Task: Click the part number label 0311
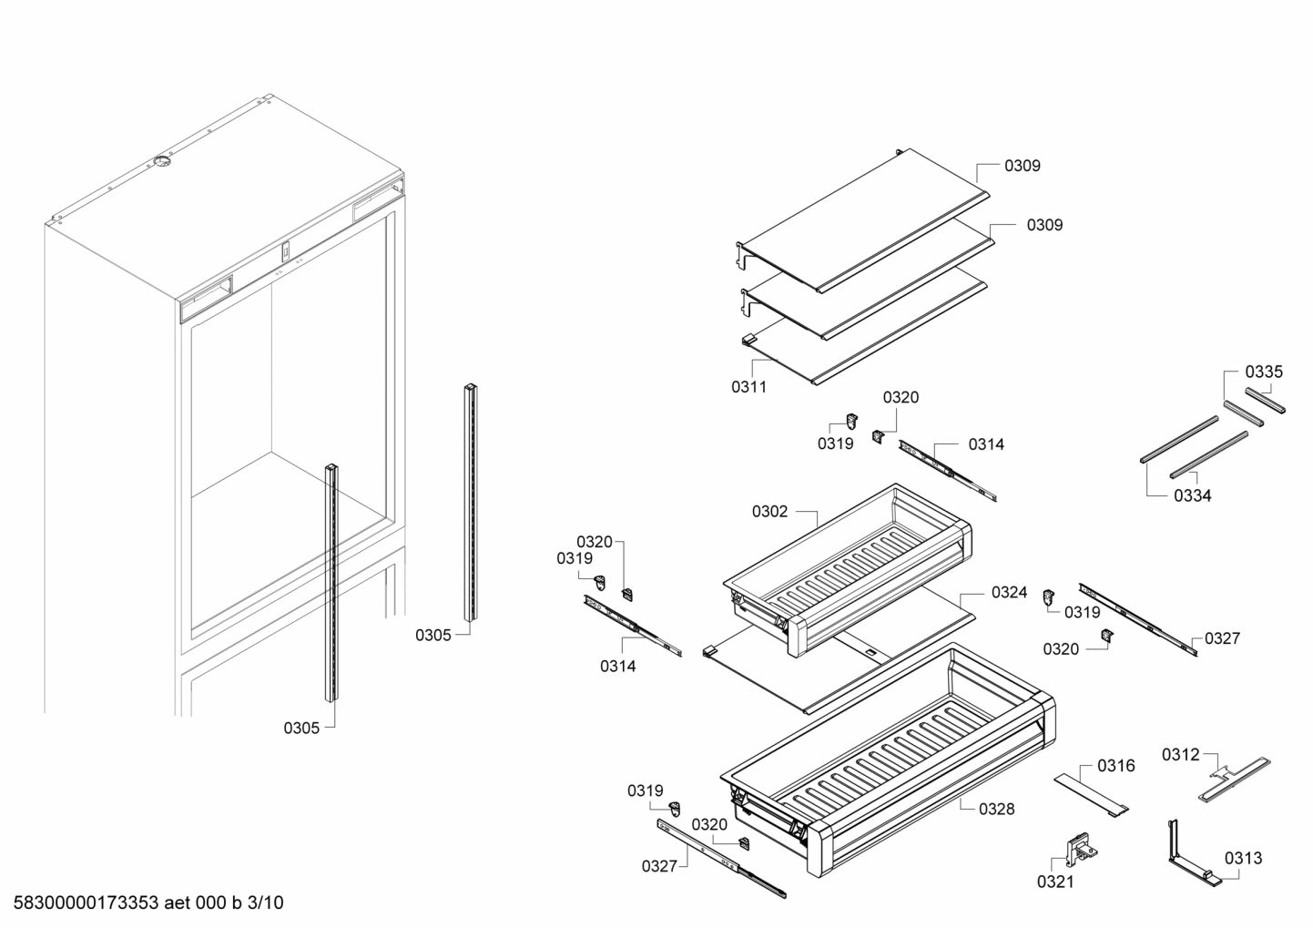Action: pos(748,387)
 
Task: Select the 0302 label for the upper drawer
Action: pos(769,512)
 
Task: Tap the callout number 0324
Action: pos(1009,593)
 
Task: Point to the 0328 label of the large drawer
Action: pos(996,809)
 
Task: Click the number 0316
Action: pos(1115,766)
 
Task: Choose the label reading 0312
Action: pos(1180,754)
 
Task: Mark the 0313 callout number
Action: pos(1243,858)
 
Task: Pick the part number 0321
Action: pos(1055,882)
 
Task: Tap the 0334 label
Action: pos(1192,496)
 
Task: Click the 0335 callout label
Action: pos(1264,372)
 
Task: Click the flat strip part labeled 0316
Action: pos(1091,793)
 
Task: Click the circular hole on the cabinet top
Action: pos(161,162)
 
